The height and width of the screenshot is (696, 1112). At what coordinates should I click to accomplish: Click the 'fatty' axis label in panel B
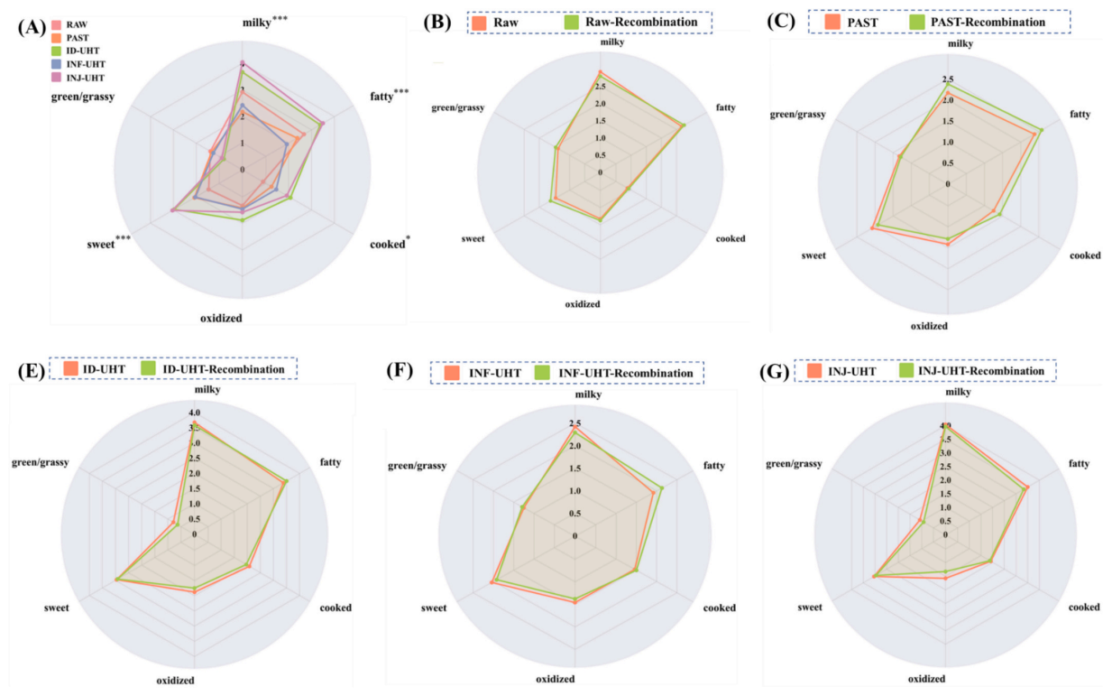click(x=726, y=108)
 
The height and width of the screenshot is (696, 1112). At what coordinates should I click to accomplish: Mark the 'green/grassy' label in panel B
click(x=458, y=108)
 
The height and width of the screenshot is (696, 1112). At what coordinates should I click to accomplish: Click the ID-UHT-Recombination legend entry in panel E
click(x=222, y=368)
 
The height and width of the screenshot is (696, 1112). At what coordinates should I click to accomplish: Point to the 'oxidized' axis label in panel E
click(x=196, y=681)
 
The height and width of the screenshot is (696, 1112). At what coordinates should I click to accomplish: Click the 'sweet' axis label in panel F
click(x=434, y=608)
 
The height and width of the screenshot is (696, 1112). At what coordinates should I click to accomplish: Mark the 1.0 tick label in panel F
click(x=574, y=491)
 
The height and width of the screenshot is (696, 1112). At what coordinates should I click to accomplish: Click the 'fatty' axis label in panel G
click(x=1079, y=463)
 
